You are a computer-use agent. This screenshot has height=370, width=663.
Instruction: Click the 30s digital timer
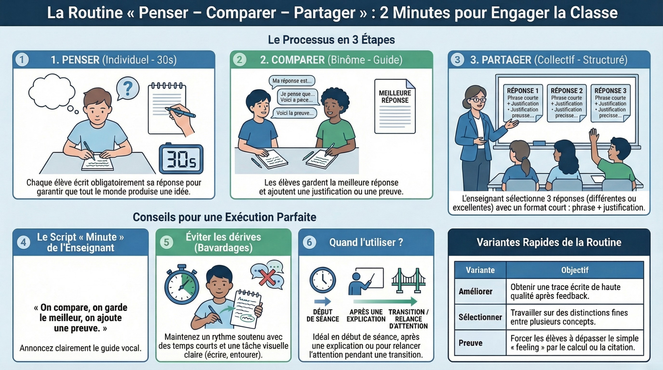click(181, 159)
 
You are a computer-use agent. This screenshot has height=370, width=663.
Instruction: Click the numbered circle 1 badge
click(22, 60)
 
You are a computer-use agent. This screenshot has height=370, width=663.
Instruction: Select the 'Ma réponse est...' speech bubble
click(292, 81)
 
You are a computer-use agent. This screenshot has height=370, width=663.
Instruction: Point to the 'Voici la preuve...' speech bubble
click(295, 113)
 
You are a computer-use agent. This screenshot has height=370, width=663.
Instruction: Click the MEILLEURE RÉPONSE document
click(395, 106)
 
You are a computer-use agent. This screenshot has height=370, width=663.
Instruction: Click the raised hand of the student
click(594, 135)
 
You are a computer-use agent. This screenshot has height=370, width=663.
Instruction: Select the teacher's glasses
click(478, 99)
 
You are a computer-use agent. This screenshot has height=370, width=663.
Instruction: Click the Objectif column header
click(574, 270)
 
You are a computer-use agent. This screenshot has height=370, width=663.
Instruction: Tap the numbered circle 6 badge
click(310, 242)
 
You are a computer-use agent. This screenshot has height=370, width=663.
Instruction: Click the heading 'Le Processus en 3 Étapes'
click(331, 40)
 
